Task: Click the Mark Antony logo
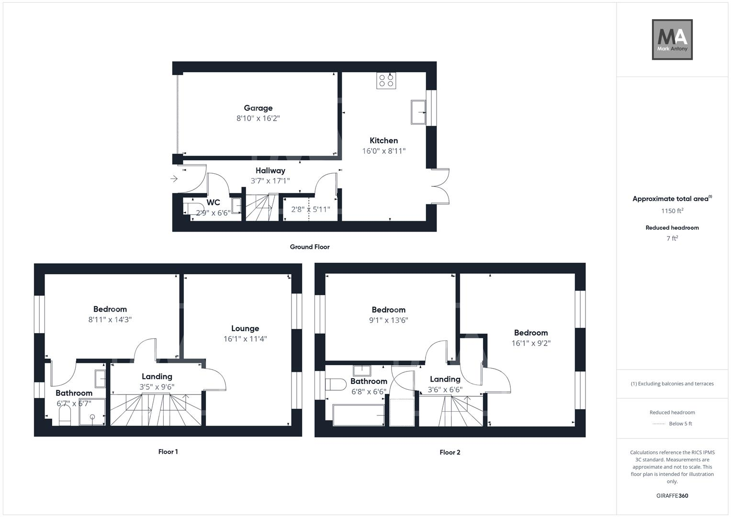click(x=672, y=40)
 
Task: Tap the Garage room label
click(x=258, y=108)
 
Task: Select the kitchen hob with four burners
click(x=386, y=80)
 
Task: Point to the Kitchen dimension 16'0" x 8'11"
click(x=384, y=151)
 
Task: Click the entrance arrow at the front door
click(x=174, y=179)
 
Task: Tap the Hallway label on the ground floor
click(x=270, y=170)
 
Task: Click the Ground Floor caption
click(x=310, y=247)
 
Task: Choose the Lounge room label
click(x=245, y=328)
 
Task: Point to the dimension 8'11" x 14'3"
click(x=110, y=320)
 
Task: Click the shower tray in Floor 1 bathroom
click(x=92, y=412)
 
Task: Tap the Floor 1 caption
click(x=168, y=451)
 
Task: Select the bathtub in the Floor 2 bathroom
click(x=358, y=415)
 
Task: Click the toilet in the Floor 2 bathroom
click(x=336, y=384)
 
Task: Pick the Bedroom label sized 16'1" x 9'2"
click(x=531, y=333)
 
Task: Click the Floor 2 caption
click(x=450, y=452)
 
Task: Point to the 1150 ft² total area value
click(x=672, y=211)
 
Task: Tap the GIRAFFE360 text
click(x=672, y=495)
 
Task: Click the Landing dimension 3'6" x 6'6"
click(x=445, y=390)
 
